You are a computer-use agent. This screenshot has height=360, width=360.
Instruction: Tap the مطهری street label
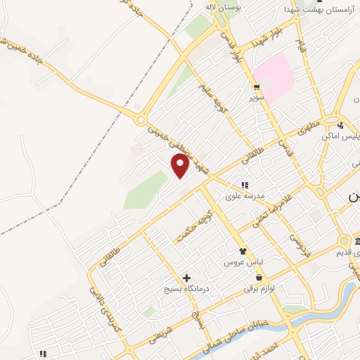click(309, 129)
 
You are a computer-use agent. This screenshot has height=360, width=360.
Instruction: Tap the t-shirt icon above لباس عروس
click(243, 251)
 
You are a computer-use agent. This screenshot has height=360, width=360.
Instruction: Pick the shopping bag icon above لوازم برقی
click(268, 277)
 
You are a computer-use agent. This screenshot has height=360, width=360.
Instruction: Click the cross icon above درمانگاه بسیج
click(186, 278)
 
